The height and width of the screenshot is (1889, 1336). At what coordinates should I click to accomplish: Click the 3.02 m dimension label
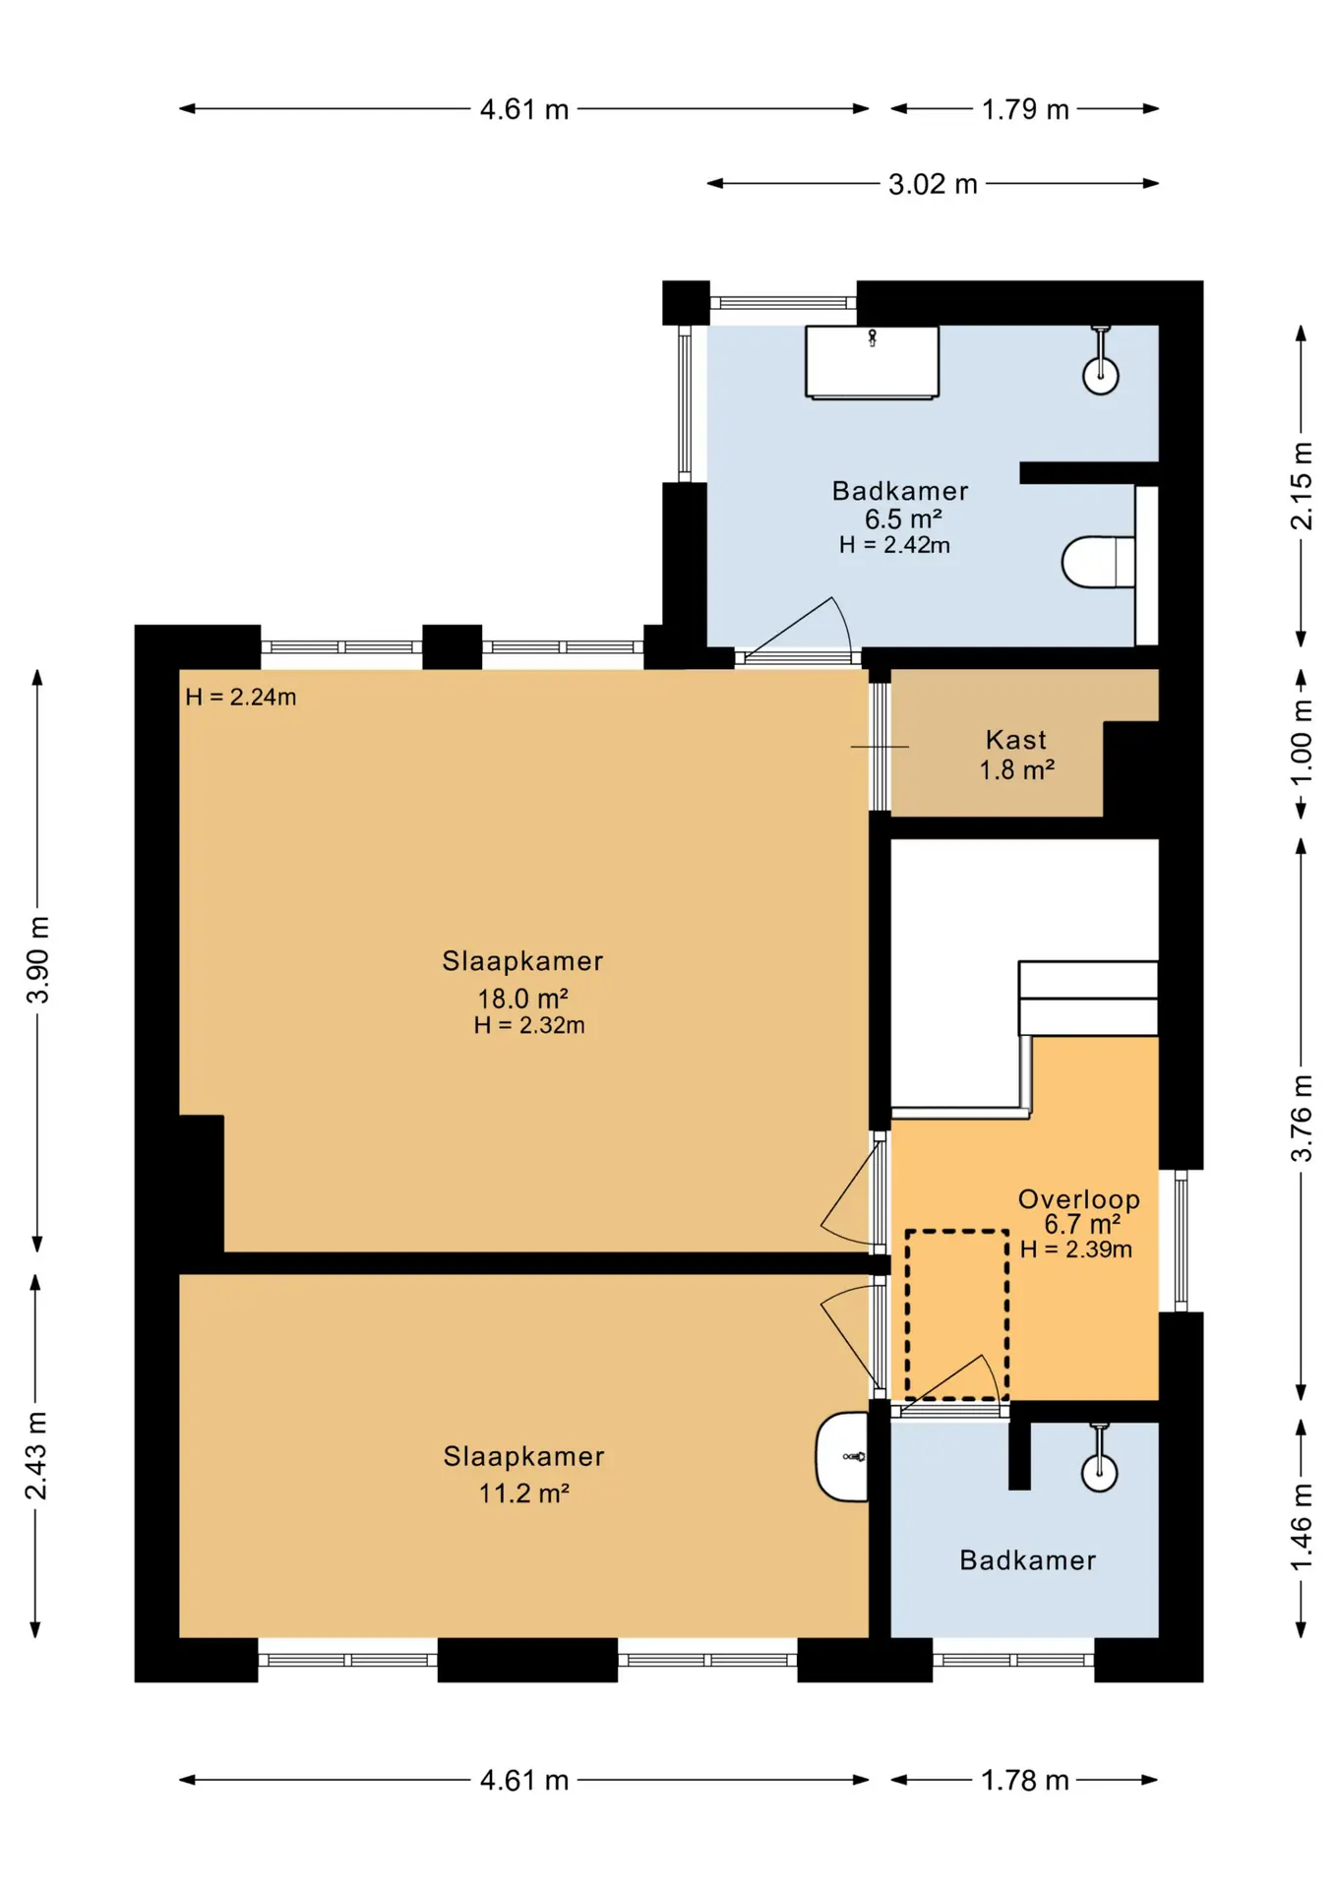click(933, 184)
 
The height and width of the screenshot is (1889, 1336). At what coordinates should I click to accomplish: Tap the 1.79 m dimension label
click(1025, 109)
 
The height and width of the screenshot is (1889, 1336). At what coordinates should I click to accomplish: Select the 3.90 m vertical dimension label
click(37, 959)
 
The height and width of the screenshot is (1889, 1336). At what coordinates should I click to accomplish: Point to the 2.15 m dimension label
click(1301, 486)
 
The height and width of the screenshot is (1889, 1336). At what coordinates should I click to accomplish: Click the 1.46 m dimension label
click(1301, 1528)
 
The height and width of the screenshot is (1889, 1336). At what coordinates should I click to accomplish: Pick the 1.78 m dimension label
click(1025, 1780)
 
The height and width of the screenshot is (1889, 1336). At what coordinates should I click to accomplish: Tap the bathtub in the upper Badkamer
click(872, 362)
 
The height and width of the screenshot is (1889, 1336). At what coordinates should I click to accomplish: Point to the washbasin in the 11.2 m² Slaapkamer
click(842, 1457)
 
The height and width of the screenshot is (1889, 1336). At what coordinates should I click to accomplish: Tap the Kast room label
click(1016, 740)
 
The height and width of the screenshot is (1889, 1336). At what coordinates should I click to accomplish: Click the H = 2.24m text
click(241, 698)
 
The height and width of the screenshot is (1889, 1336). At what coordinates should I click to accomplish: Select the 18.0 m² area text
click(523, 999)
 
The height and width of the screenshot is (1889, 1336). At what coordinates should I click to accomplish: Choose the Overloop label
click(1079, 1199)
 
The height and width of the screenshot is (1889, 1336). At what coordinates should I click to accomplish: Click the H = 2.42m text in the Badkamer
click(895, 545)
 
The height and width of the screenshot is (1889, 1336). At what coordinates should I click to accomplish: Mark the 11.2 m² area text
click(524, 1493)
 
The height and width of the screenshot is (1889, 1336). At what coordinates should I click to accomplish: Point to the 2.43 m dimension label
click(36, 1456)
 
